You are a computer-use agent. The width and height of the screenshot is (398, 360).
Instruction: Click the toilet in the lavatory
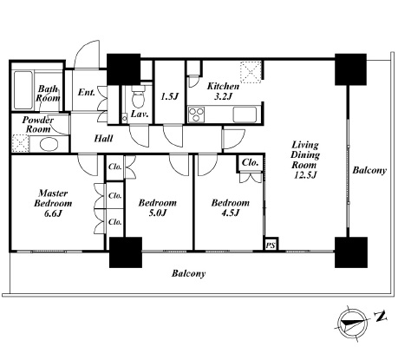coord(138,97)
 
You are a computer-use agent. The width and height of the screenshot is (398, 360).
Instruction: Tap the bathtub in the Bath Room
coord(23,90)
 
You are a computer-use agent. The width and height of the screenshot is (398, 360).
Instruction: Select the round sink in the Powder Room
coord(49,144)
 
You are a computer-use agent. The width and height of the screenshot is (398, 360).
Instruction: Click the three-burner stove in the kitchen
coord(196,115)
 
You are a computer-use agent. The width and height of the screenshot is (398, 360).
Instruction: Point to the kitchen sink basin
coord(245,115)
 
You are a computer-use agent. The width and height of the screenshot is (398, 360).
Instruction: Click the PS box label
coord(271,245)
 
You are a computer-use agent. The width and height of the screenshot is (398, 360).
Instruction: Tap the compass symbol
coord(353,323)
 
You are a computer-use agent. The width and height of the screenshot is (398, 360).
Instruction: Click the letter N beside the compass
coord(381,317)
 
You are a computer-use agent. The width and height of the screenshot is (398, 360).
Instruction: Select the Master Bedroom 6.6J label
coord(53,203)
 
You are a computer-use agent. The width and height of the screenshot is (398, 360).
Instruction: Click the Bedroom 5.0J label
coord(158,207)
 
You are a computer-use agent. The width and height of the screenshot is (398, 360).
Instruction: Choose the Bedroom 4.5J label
coord(231,207)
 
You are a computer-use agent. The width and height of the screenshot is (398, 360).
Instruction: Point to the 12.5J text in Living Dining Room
coord(305,175)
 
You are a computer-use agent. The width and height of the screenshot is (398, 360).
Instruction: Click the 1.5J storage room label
coord(169,96)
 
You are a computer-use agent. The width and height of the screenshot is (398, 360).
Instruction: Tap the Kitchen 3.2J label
coord(223,91)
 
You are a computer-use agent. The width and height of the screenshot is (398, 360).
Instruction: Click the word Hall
coord(103,139)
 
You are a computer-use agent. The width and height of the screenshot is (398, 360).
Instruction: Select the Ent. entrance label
coord(87,92)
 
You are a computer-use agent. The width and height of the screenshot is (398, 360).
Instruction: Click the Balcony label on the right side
coord(369,170)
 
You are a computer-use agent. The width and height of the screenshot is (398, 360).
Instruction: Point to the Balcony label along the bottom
coord(188,273)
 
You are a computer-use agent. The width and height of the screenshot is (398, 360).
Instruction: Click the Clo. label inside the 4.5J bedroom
coord(250,162)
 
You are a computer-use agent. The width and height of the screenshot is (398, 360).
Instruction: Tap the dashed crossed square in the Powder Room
coord(21,143)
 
